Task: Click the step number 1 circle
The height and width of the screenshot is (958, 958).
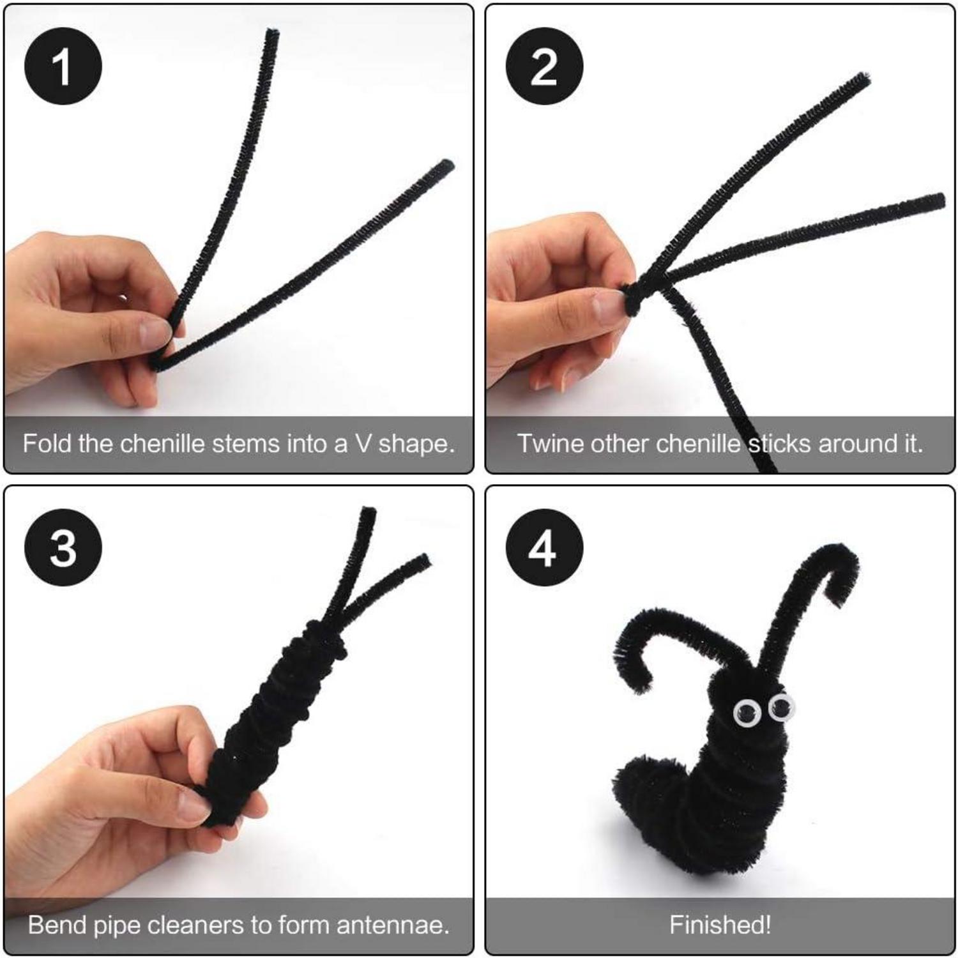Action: (63, 67)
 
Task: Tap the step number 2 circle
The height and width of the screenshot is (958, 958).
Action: (544, 67)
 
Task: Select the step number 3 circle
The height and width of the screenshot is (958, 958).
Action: (63, 548)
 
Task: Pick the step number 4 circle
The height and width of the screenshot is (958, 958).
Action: (544, 548)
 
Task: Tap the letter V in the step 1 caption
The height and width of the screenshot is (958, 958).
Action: (361, 444)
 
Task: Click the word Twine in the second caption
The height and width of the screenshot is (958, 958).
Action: (551, 443)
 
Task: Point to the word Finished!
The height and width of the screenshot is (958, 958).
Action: (720, 925)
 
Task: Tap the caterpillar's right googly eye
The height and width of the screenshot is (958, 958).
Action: (780, 706)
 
